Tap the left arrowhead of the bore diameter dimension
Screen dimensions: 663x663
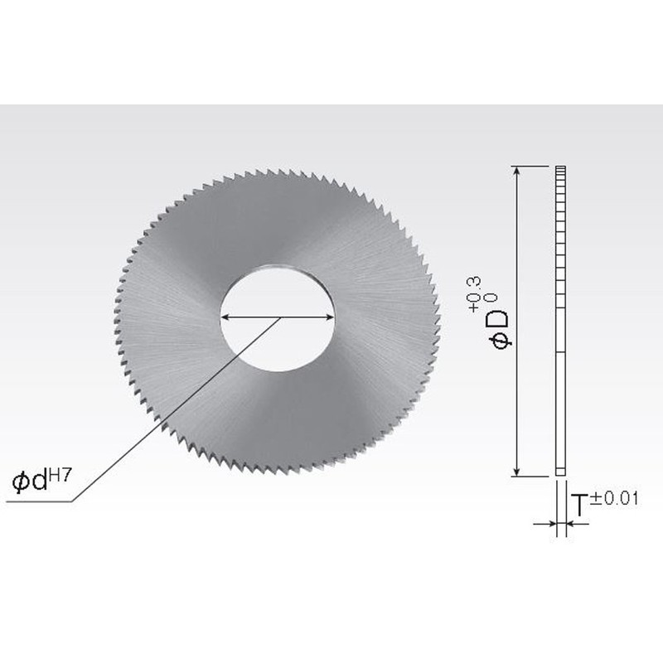coord(225,317)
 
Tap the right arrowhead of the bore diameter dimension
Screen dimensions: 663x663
coord(329,317)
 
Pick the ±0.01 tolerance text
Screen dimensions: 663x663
coord(617,498)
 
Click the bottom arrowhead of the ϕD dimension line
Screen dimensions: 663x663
coord(519,472)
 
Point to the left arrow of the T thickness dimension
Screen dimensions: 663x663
coord(548,524)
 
